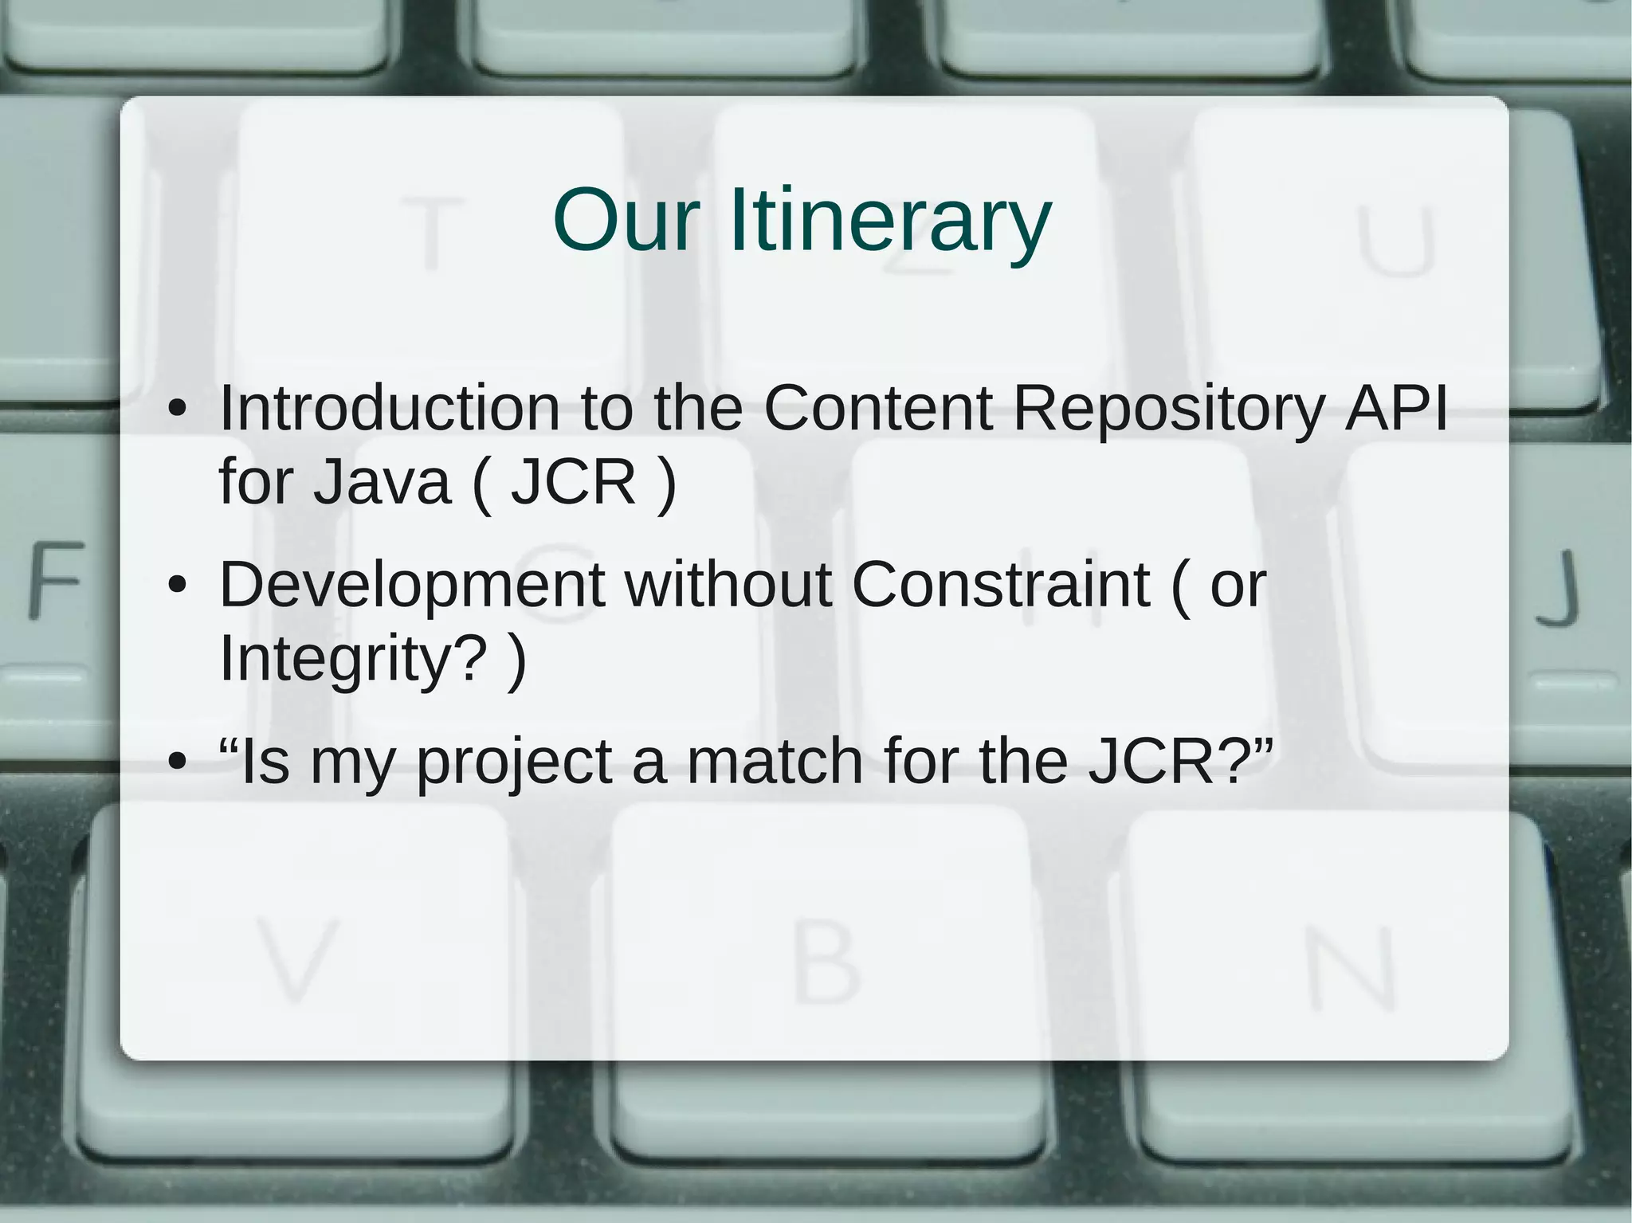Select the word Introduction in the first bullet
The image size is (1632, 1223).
click(x=390, y=409)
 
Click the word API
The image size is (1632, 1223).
click(x=1395, y=408)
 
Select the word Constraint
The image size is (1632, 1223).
click(x=1001, y=585)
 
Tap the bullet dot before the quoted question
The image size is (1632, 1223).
click(x=177, y=762)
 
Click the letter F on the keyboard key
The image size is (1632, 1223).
click(x=57, y=579)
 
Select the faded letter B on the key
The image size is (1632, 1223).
click(x=826, y=962)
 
